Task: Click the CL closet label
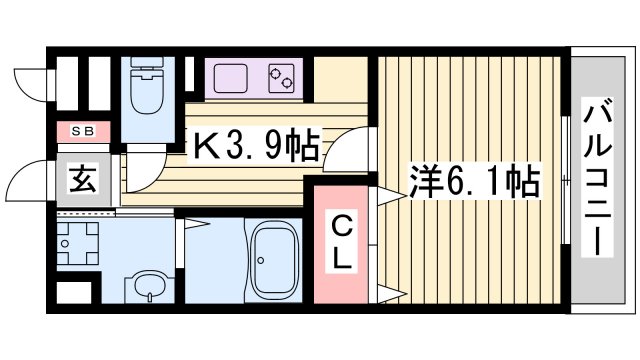(x=342, y=241)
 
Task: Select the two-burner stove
(x=285, y=77)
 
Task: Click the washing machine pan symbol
(x=77, y=240)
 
